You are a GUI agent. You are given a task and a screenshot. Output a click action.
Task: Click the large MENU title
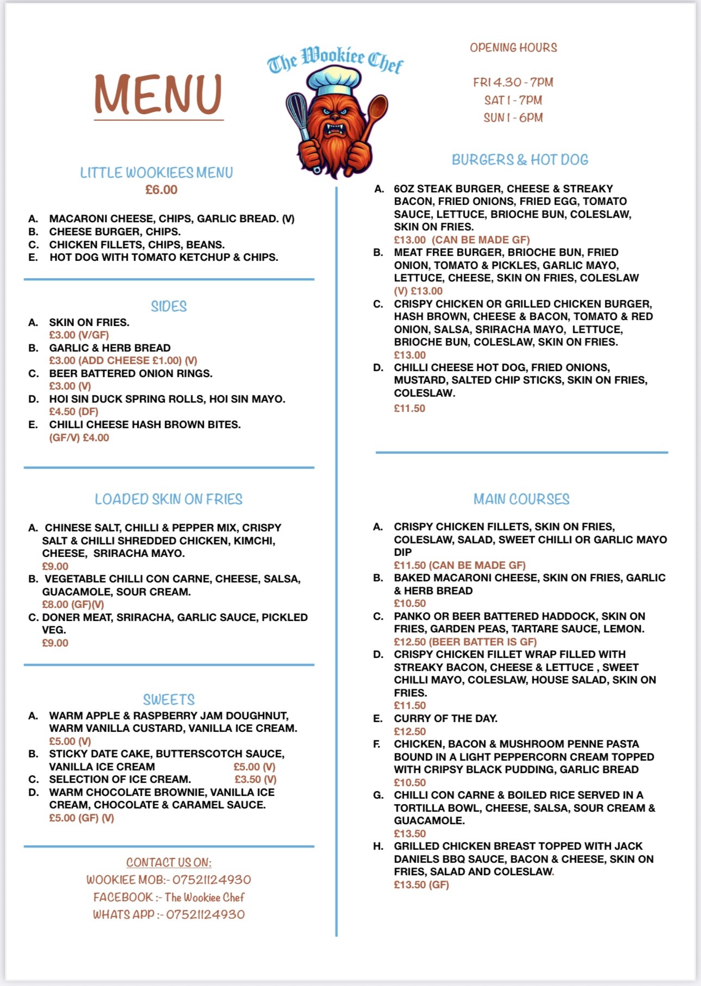(158, 95)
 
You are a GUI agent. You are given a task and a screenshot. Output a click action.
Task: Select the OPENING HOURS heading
(514, 48)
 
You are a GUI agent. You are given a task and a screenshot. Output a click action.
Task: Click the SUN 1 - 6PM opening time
(514, 117)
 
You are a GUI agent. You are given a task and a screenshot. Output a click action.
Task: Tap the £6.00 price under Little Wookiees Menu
(161, 190)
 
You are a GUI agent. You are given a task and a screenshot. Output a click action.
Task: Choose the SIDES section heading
(168, 306)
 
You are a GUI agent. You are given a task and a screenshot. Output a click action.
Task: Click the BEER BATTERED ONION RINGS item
(130, 373)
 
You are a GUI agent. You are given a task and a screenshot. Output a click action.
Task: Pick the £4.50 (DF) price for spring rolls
(73, 412)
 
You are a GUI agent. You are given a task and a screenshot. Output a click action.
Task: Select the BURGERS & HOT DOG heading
(520, 160)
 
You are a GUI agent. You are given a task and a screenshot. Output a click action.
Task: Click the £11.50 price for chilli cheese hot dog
(410, 408)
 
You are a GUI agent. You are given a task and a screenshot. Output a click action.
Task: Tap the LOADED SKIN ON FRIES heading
(168, 499)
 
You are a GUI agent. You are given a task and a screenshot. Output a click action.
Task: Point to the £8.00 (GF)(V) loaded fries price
(73, 604)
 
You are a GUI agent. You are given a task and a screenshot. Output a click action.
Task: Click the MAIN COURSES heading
(521, 499)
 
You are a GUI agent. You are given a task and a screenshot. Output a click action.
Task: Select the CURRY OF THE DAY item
(446, 718)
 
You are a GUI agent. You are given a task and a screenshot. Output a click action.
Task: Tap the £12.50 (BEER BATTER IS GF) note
(465, 642)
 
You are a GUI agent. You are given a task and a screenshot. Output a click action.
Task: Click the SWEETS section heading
(168, 700)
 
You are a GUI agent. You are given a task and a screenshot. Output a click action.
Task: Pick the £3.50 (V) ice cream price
(255, 779)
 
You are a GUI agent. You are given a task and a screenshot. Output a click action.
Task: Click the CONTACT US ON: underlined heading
(168, 862)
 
